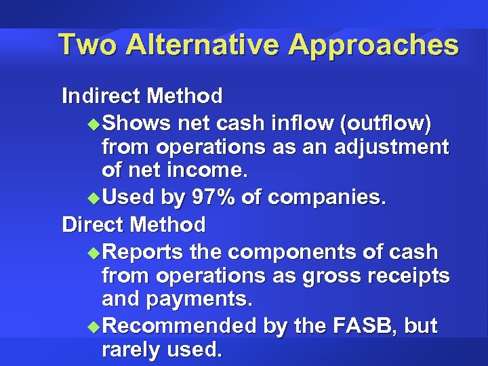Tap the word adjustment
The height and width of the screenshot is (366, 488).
click(393, 147)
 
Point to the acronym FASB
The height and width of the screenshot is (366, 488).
click(367, 326)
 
